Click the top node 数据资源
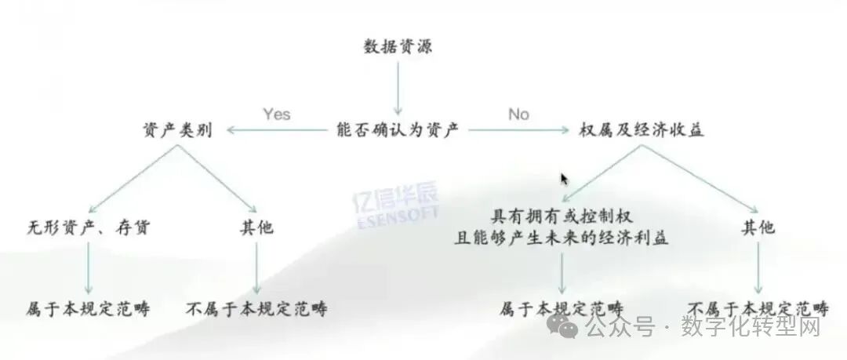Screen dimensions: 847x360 coord(398,46)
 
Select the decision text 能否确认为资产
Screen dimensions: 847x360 coord(398,130)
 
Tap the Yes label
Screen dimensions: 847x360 coord(276,115)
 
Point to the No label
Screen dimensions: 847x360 coord(518,115)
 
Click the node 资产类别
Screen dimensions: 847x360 coord(177,130)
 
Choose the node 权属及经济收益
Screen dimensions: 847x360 coord(642,130)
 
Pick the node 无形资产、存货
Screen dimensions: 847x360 coord(88,228)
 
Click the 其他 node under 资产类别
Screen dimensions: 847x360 coord(256,228)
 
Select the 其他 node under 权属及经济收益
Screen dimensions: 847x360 coord(758,228)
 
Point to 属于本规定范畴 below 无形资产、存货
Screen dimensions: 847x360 coord(88,308)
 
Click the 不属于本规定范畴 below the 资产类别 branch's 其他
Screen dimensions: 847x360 coord(256,308)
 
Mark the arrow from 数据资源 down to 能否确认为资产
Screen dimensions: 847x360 coord(398,86)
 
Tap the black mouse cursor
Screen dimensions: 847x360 coord(564,180)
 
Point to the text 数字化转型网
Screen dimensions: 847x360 coord(751,326)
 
